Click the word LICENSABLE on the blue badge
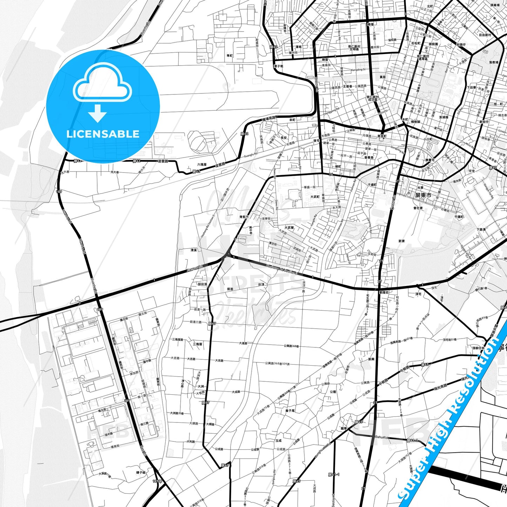pos(103,134)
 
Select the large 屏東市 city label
pos(423,195)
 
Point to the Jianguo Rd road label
pos(195,269)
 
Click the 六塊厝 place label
pos(202,164)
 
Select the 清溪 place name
pos(194,250)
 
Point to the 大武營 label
pos(289,228)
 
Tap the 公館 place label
pos(333,392)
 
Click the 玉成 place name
pos(279,440)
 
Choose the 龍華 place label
pos(344,428)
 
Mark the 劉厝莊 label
pos(384,292)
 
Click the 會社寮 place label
pos(418,208)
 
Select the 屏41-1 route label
pos(412,440)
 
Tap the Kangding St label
pos(358,69)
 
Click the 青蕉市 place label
pos(244,217)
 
